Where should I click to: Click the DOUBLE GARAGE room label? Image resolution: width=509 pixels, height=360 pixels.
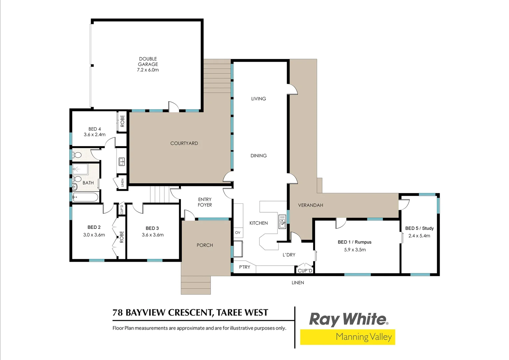(x=148, y=61)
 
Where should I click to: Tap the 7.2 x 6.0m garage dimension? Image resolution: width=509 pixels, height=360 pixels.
(x=148, y=70)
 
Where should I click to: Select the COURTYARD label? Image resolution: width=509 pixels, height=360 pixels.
(x=184, y=143)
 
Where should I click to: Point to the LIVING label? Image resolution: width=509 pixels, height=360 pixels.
(x=258, y=99)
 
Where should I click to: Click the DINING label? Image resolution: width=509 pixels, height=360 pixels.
(x=258, y=156)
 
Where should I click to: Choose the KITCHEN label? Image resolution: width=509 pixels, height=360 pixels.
(x=258, y=223)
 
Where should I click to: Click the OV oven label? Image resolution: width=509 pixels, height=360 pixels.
(x=238, y=232)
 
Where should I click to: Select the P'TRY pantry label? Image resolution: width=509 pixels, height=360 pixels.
(x=245, y=267)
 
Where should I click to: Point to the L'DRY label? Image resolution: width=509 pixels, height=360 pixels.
(x=289, y=255)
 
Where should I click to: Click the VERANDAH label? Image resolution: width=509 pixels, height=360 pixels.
(x=310, y=205)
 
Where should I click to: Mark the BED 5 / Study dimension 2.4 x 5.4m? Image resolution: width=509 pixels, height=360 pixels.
(x=419, y=236)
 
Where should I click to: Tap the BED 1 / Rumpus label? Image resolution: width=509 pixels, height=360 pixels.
(x=354, y=242)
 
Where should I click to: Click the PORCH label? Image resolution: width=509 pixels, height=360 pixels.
(x=205, y=245)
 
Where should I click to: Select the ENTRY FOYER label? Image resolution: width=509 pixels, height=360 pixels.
(x=205, y=202)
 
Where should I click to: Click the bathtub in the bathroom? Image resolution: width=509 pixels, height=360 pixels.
(x=85, y=197)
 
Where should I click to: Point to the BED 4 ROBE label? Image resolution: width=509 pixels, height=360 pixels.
(x=122, y=121)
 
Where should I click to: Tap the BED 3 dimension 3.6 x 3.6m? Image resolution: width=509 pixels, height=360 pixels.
(x=153, y=235)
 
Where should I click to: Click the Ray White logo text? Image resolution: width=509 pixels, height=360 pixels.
(x=348, y=319)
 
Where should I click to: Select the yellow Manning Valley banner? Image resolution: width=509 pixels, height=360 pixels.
(x=347, y=337)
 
